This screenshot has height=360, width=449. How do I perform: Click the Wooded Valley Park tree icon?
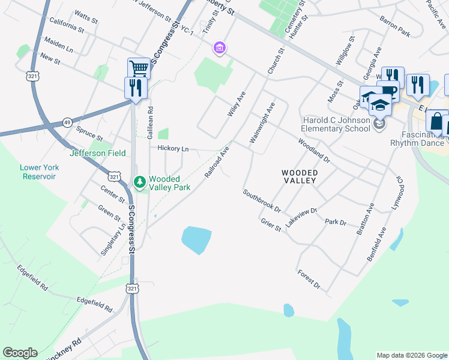tap(139, 181)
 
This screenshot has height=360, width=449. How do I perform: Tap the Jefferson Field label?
tap(98, 153)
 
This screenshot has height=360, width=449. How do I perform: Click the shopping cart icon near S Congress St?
tap(139, 68)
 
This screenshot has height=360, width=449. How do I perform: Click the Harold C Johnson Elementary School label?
tap(336, 124)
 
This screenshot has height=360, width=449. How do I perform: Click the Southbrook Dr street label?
tap(262, 202)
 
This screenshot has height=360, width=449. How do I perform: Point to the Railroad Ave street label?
tap(217, 161)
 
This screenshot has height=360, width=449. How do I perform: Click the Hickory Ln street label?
tap(173, 148)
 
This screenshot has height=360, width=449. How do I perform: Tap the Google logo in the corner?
tap(20, 353)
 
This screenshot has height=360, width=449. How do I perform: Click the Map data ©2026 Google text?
tap(411, 355)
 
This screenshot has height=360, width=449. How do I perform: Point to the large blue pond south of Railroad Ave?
tap(196, 240)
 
